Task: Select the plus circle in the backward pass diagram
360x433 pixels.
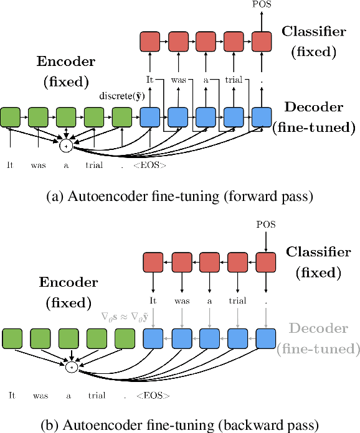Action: pos(72,368)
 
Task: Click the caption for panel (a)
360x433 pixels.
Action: pos(179,196)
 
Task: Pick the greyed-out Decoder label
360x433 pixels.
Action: pos(319,337)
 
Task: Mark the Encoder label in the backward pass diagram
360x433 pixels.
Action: pos(69,292)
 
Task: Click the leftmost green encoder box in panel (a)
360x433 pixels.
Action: pos(11,117)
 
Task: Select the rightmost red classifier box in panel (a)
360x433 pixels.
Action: pos(262,42)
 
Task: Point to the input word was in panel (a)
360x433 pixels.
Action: pos(39,166)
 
